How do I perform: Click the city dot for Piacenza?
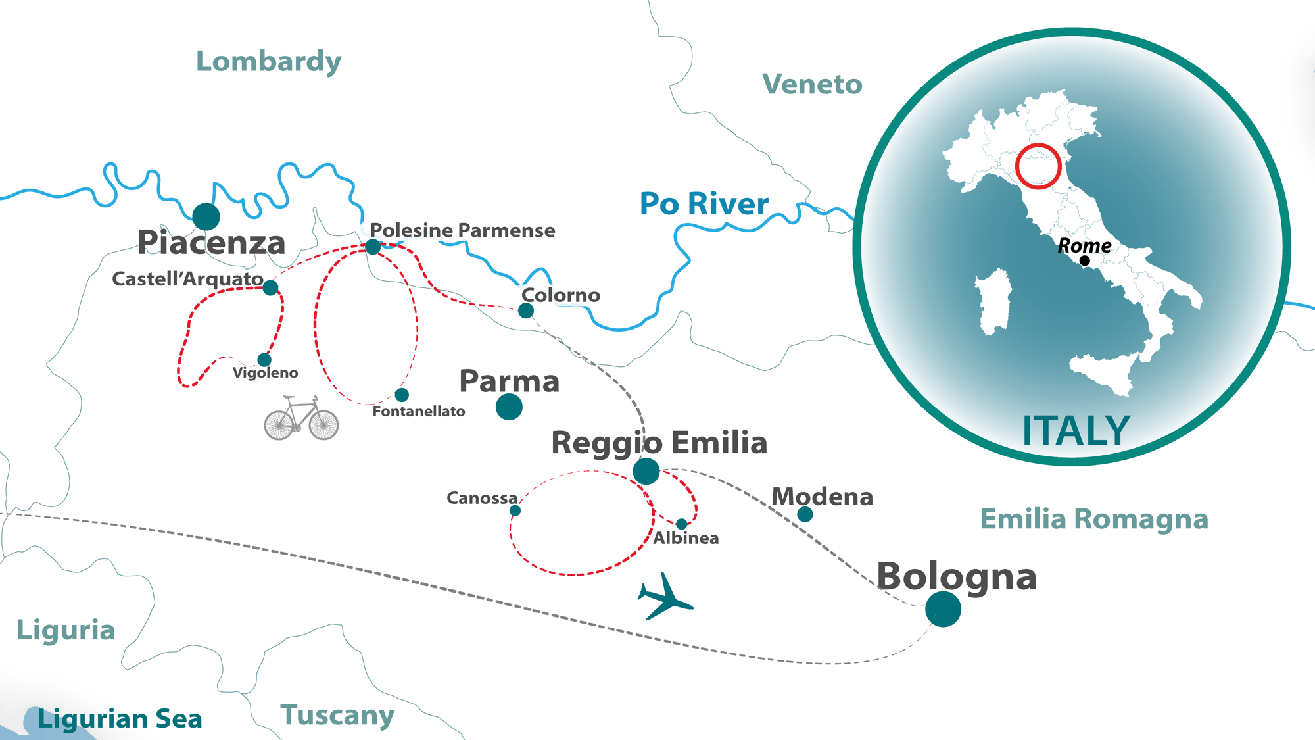pos(206,216)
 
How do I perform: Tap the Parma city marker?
pos(509,407)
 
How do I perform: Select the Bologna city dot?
pos(943,609)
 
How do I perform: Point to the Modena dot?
pos(805,514)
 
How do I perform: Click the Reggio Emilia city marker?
pos(646,471)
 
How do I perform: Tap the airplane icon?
pos(665,597)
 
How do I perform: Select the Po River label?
pos(704,204)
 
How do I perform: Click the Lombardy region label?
pos(268,62)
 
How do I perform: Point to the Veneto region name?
pos(812,84)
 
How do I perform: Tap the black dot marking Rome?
pos(1085,261)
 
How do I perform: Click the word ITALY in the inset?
pos(1076,431)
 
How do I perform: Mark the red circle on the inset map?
pos(1038,166)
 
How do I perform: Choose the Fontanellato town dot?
pos(402,395)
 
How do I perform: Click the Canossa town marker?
pos(515,510)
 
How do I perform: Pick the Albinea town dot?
pos(682,524)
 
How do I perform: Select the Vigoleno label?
pos(266,373)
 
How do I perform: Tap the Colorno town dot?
pos(526,310)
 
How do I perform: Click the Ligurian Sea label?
pos(120,719)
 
